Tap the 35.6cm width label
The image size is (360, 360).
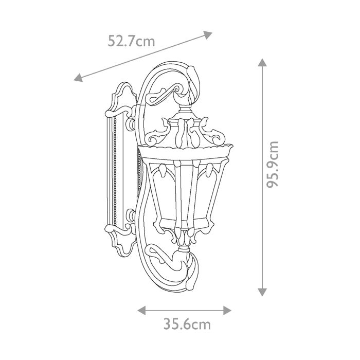[187, 325]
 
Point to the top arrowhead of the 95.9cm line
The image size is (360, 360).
[262, 63]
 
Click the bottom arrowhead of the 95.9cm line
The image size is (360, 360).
[262, 292]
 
